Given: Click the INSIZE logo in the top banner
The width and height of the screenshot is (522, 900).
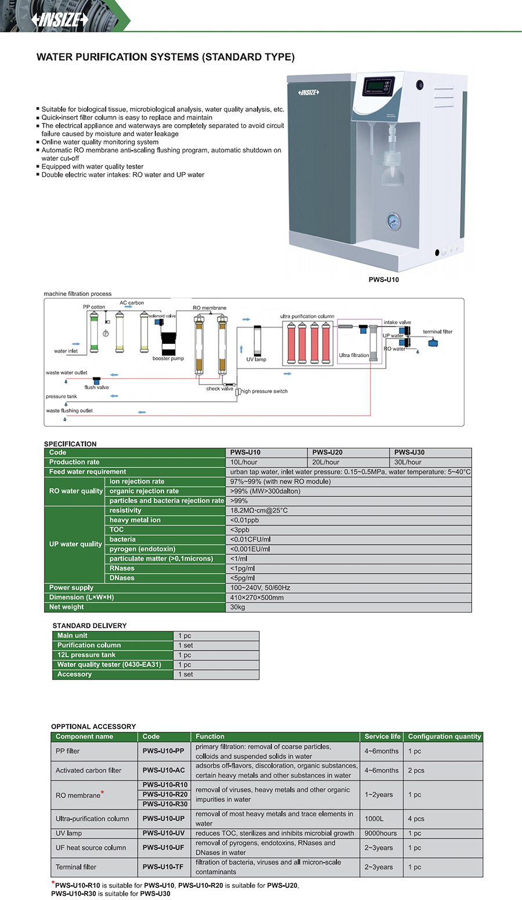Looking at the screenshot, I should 60,19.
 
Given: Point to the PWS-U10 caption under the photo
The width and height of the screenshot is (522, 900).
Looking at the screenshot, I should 383,280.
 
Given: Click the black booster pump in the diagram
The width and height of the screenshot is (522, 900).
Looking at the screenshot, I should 169,343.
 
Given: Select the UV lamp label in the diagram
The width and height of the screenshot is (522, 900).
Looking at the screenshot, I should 256,360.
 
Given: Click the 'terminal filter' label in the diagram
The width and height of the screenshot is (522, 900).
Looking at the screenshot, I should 437,332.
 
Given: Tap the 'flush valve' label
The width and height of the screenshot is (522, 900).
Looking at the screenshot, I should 97,387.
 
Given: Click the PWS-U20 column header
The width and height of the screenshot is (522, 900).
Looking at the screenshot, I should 327,452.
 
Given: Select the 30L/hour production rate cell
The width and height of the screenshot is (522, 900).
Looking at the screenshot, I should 408,462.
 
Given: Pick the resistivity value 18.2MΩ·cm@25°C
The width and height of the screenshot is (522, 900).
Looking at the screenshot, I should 259,510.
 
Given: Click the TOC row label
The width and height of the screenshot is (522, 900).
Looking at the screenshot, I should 117,529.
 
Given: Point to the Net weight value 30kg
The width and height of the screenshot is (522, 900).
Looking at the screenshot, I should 238,607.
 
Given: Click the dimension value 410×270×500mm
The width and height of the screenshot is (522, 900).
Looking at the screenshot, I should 257,597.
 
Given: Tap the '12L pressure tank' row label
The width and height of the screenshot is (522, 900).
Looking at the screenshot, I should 86,655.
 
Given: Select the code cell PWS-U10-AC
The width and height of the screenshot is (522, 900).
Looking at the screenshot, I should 164,770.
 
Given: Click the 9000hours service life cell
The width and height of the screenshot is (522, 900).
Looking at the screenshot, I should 380,833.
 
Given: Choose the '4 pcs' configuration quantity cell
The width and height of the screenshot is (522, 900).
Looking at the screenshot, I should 416,819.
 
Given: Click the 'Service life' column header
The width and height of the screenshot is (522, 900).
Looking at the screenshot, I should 382,736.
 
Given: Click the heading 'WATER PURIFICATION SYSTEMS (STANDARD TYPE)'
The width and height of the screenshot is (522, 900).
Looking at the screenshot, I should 165,57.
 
